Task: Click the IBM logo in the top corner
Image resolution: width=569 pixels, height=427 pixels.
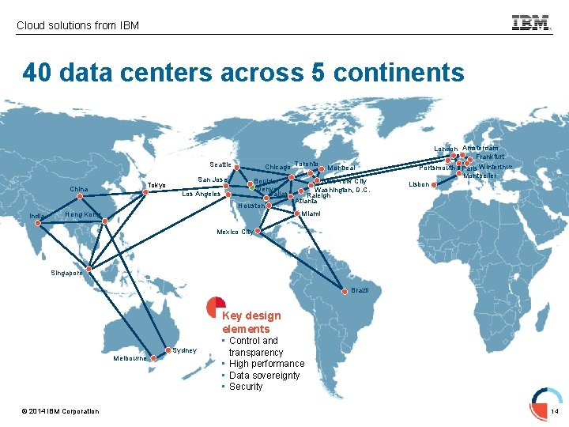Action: tap(531, 24)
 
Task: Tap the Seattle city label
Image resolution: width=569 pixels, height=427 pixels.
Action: tap(220, 164)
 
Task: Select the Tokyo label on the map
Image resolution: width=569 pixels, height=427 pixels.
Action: tap(157, 186)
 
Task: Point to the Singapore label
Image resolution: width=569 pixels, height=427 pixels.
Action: tap(66, 273)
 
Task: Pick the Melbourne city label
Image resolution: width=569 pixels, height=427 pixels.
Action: tap(129, 358)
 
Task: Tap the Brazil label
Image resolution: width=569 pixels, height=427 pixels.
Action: tap(360, 291)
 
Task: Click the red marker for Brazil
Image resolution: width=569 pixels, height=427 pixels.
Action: tap(344, 290)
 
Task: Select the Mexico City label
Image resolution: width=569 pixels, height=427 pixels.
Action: tap(235, 232)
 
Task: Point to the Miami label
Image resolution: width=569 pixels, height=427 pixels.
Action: tap(311, 213)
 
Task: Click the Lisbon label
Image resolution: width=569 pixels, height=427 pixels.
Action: tap(419, 184)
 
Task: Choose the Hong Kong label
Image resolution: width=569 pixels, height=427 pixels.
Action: tap(83, 214)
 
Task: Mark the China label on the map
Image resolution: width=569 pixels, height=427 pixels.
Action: tap(79, 189)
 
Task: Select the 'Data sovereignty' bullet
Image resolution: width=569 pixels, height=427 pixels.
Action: tap(264, 376)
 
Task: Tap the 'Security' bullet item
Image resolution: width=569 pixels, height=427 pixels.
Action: tap(246, 387)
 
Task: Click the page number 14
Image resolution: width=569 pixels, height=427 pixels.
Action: tap(555, 412)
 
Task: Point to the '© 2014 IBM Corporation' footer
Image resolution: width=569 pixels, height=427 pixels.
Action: tap(61, 411)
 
